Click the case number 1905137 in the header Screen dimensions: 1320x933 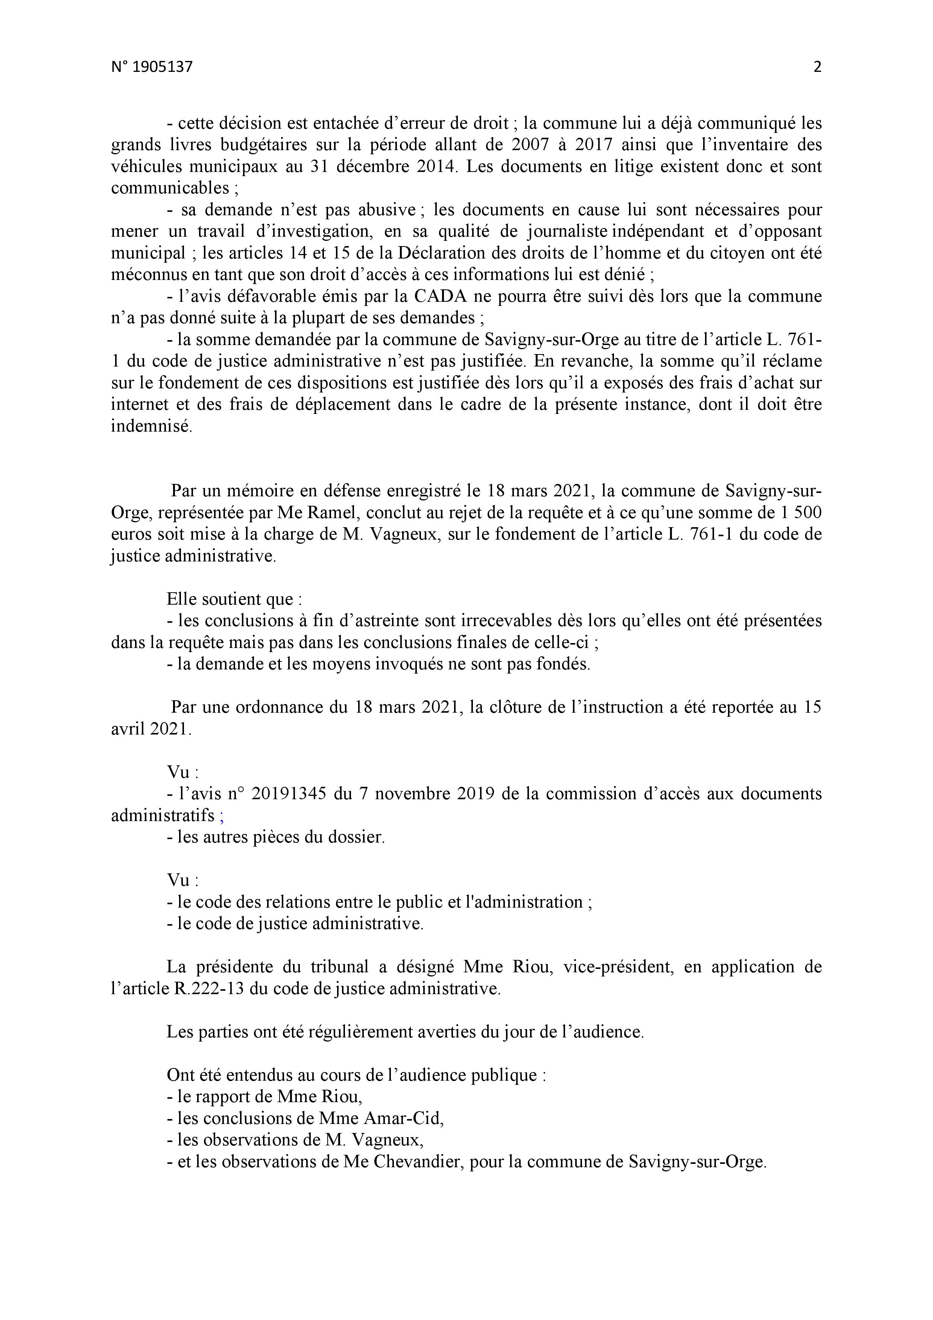point(163,67)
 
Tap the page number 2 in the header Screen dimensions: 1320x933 point(817,67)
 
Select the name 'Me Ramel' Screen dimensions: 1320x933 point(327,512)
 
